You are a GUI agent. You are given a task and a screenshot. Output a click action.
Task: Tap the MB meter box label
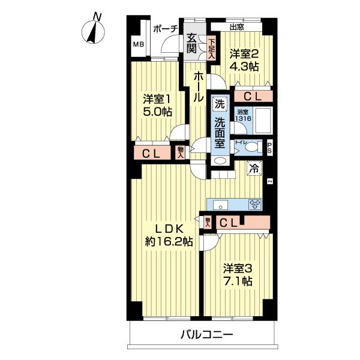coord(139,45)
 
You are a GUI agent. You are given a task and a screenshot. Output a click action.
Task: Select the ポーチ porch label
coord(164,28)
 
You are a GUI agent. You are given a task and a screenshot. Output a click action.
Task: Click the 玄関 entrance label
coord(191,43)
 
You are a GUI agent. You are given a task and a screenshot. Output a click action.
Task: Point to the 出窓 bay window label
coord(236,27)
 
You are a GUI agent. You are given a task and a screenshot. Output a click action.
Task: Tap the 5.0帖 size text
coord(158,112)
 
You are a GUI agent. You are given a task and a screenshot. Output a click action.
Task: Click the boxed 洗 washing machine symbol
coord(219,103)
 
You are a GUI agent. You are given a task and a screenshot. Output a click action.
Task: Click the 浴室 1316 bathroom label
coord(242,115)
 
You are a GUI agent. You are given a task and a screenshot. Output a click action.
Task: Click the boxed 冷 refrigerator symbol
coord(254,169)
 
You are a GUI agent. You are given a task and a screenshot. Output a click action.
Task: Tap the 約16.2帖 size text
coord(169,242)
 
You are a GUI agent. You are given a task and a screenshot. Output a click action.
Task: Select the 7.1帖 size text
coord(238,281)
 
